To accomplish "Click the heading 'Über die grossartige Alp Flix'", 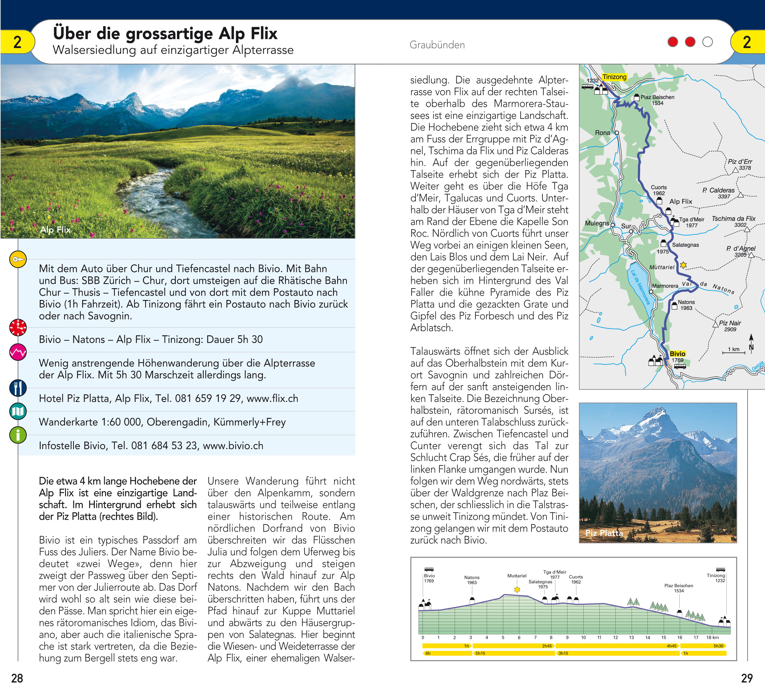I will [x=165, y=33].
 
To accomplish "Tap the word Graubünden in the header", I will [x=437, y=45].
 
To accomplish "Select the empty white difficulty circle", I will [x=707, y=42].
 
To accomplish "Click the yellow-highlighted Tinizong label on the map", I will [x=614, y=77].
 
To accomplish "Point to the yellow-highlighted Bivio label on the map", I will [x=677, y=354].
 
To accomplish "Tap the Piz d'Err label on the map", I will [x=740, y=161].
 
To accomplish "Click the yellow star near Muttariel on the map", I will [x=683, y=265].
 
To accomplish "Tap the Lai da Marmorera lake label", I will [x=640, y=287].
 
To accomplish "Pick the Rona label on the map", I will [x=602, y=133].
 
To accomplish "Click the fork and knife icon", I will [x=18, y=388].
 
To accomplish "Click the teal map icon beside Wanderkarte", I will [x=18, y=411].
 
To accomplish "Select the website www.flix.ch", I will [x=272, y=398].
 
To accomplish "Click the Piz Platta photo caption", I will [x=604, y=533].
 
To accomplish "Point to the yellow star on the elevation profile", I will [x=517, y=590].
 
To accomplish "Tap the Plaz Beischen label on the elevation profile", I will [x=678, y=588].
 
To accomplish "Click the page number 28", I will [x=17, y=678].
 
